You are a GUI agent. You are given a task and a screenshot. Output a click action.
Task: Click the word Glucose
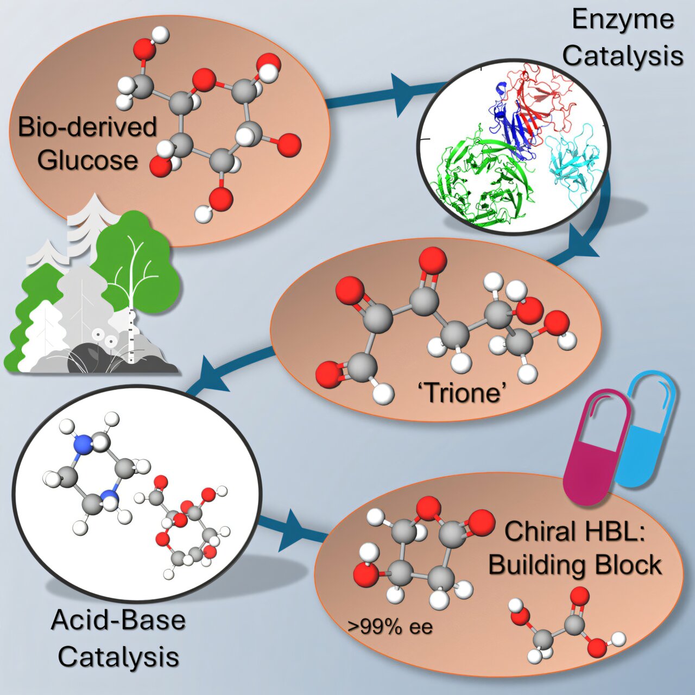pos(87,161)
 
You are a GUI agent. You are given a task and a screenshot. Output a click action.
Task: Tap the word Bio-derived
pos(87,127)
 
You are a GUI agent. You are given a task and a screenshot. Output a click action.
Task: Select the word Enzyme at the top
pos(623,21)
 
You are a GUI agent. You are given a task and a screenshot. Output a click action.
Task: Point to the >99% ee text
pos(390,627)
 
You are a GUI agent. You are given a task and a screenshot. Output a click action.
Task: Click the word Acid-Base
pos(118,620)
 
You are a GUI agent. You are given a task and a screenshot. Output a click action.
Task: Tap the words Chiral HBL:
pos(574,530)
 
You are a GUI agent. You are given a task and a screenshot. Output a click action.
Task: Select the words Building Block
pos(575,565)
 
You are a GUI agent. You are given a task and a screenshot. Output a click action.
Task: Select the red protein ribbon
pos(543,92)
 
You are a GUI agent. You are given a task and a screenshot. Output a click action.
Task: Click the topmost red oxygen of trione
pos(433,261)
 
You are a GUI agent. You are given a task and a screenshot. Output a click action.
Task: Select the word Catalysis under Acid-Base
pos(118,657)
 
